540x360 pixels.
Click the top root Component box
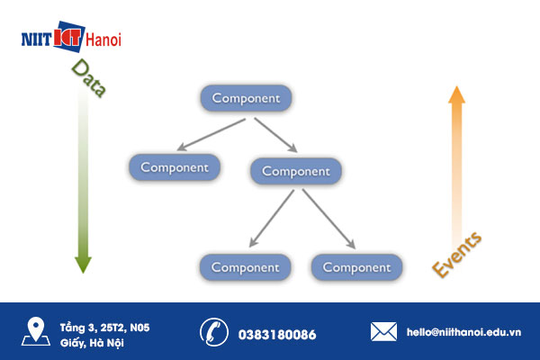click(x=246, y=98)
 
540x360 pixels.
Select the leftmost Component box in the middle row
click(x=175, y=167)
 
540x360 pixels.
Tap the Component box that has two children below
click(x=296, y=171)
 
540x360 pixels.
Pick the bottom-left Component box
click(x=245, y=267)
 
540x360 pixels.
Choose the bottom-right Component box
click(x=356, y=267)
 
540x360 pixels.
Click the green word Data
click(x=89, y=78)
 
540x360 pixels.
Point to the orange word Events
click(x=456, y=255)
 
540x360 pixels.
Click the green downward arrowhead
click(x=83, y=265)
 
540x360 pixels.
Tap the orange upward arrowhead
click(x=456, y=94)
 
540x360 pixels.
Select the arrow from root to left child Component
click(x=211, y=135)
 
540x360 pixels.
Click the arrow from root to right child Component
click(x=276, y=135)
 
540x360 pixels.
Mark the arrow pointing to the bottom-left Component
click(x=272, y=219)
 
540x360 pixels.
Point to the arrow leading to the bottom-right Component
click(x=328, y=219)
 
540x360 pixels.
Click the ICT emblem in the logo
click(x=69, y=37)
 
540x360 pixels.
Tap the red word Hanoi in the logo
click(x=103, y=40)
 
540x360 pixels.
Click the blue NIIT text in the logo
click(x=37, y=40)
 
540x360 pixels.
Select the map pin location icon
click(x=36, y=331)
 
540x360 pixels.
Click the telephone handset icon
click(x=214, y=332)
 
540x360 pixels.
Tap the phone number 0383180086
click(x=277, y=335)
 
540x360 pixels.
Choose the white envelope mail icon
click(x=383, y=332)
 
